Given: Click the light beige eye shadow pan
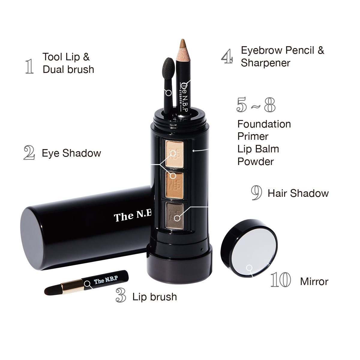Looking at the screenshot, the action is (x=174, y=154).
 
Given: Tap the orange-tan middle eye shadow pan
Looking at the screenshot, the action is (x=174, y=185).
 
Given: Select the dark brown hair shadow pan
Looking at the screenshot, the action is (x=174, y=215).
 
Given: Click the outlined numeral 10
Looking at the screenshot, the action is (x=280, y=280).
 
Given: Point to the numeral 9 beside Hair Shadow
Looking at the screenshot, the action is (x=256, y=193).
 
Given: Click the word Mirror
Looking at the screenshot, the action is (x=314, y=281).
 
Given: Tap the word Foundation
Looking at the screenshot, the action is (x=264, y=124).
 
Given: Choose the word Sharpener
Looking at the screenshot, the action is (x=265, y=63).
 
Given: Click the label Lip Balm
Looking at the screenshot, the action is (x=258, y=149).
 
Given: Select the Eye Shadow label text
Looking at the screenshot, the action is (x=71, y=153).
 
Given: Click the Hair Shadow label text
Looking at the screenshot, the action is (x=298, y=193).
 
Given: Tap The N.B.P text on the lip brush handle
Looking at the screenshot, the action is (x=106, y=280).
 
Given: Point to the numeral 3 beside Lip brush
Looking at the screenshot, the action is (x=121, y=295).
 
